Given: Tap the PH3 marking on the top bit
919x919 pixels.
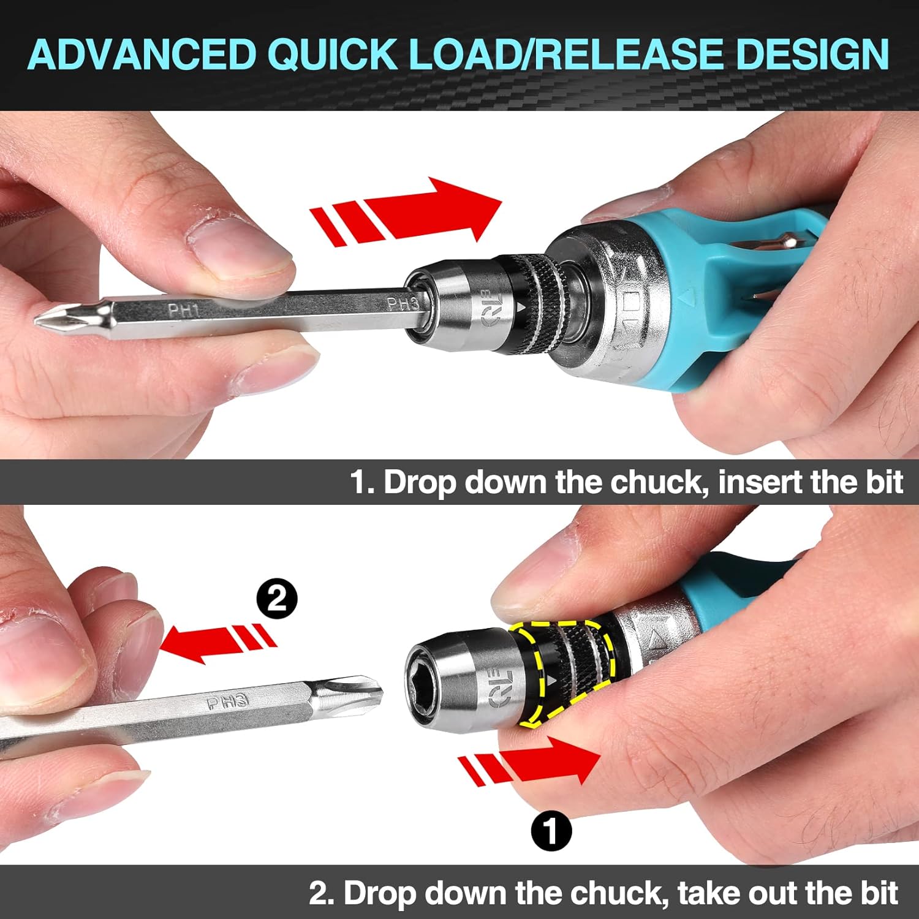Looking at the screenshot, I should click(402, 303).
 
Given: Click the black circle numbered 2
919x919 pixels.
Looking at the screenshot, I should click(277, 598).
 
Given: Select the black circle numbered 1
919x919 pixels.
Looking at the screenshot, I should click(551, 831).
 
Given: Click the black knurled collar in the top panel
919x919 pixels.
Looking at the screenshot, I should click(539, 300).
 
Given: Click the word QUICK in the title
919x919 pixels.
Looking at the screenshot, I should click(331, 54).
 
